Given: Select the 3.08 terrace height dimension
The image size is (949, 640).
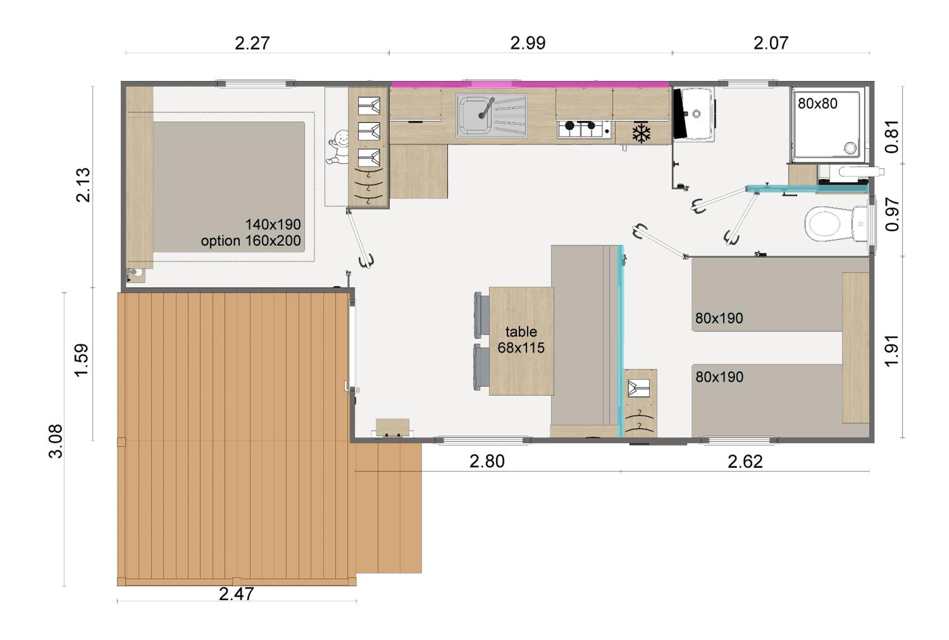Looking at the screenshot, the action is pyautogui.click(x=56, y=441).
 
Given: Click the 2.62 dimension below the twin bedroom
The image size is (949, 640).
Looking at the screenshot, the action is pyautogui.click(x=745, y=461).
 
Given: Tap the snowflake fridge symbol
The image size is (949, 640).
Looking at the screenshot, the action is pyautogui.click(x=641, y=133).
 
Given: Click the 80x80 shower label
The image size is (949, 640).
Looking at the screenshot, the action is pyautogui.click(x=817, y=104).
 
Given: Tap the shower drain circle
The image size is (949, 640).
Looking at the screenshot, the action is pyautogui.click(x=850, y=148).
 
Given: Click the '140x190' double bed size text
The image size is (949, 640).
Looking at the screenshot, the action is pyautogui.click(x=273, y=224).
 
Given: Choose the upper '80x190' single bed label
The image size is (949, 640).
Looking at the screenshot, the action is pyautogui.click(x=719, y=318).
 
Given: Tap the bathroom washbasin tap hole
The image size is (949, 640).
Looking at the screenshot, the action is pyautogui.click(x=697, y=114).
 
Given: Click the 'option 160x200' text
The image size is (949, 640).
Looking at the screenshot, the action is pyautogui.click(x=251, y=241).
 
